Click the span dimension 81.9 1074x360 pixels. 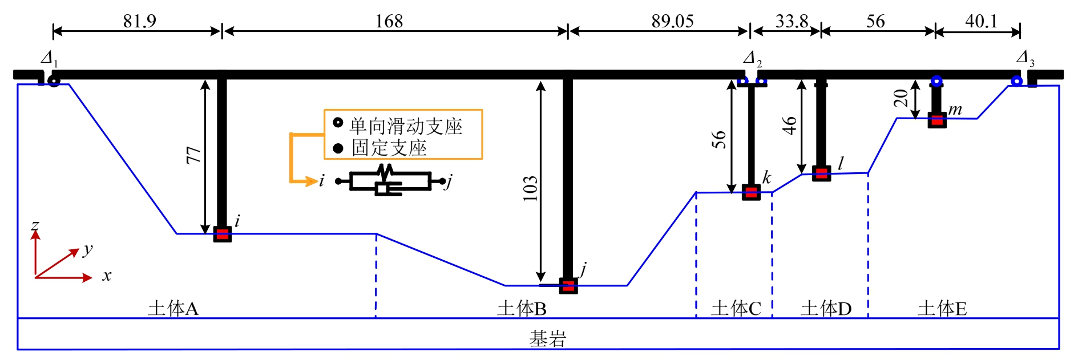(x=139, y=21)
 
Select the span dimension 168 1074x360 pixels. (x=389, y=21)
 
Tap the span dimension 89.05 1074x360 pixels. (x=672, y=21)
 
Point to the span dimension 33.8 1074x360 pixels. (x=792, y=21)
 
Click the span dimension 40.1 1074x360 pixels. (x=981, y=21)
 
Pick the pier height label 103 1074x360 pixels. (x=530, y=188)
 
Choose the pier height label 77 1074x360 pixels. (x=194, y=155)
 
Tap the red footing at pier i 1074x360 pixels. (x=223, y=234)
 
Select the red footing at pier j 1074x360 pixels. (x=568, y=286)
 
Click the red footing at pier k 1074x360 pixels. (x=751, y=192)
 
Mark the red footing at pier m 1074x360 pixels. (x=936, y=120)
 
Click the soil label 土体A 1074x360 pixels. (x=173, y=309)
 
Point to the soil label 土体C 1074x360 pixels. (x=736, y=309)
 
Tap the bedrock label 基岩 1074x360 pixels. (x=547, y=339)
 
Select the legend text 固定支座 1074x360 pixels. (x=389, y=148)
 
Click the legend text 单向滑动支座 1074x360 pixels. (x=406, y=126)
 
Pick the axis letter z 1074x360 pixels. (x=35, y=225)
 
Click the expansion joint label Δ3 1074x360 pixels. (x=1025, y=58)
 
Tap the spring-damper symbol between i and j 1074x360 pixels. (x=389, y=181)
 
